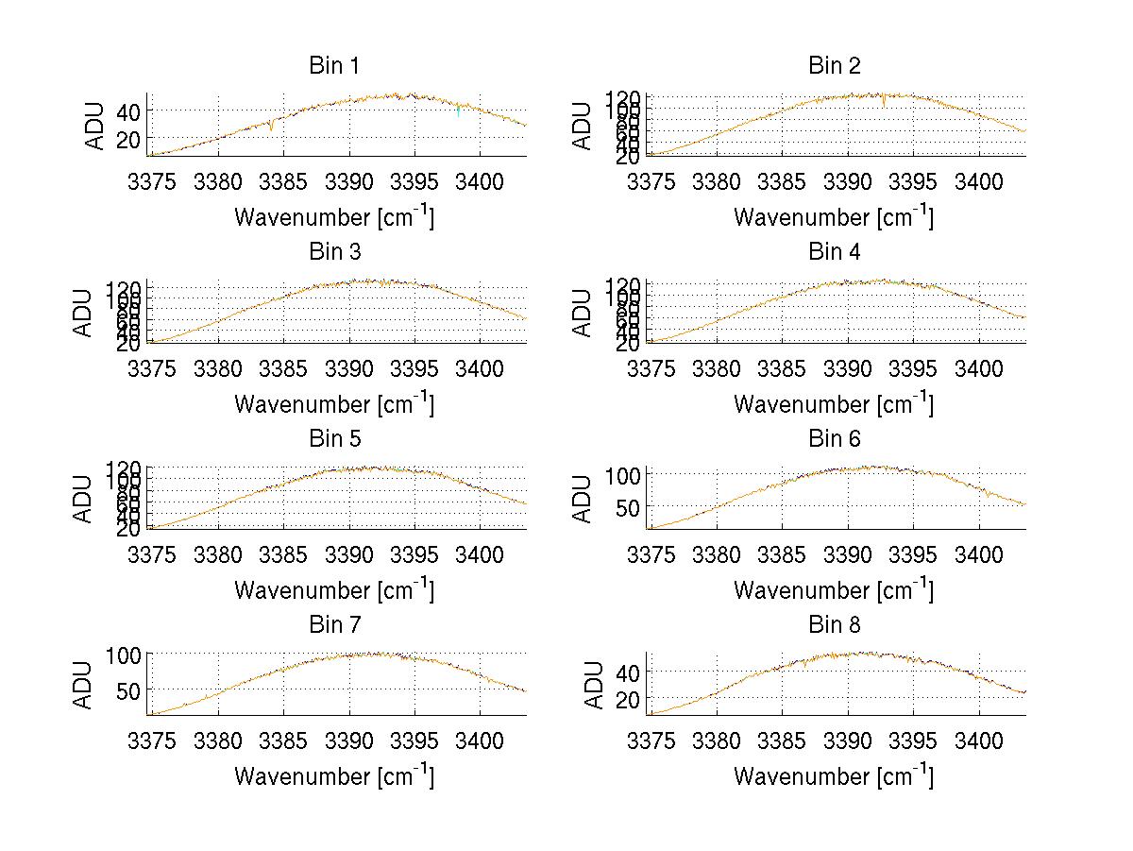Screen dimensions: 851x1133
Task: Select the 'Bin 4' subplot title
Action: click(834, 252)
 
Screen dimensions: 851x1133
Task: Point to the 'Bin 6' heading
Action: click(834, 439)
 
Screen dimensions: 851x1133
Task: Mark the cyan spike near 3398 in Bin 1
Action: click(458, 112)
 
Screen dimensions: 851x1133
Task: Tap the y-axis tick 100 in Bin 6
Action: click(622, 473)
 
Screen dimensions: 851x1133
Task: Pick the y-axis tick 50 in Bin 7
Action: click(128, 689)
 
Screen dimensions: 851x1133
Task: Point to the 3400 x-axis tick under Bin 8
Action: click(978, 740)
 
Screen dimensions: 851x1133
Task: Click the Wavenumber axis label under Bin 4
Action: click(834, 403)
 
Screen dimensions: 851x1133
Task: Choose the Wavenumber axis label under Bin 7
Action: click(333, 776)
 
